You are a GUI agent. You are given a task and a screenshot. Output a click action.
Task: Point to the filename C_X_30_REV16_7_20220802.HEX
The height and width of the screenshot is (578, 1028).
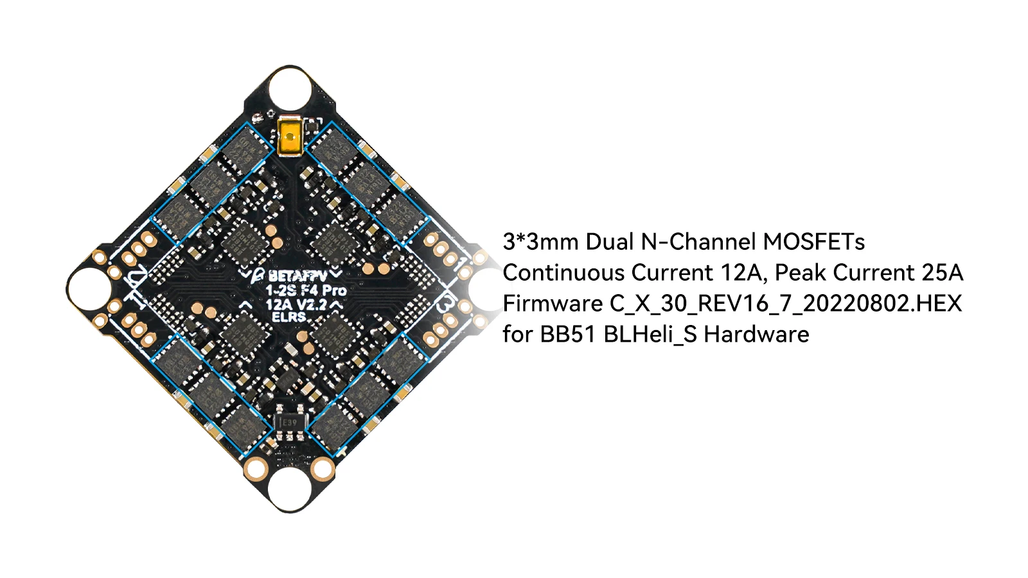[x=786, y=304]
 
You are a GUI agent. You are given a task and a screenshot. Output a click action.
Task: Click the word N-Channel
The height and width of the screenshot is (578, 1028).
[x=699, y=242]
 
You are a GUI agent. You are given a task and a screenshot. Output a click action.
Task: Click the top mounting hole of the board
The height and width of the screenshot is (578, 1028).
[x=290, y=87]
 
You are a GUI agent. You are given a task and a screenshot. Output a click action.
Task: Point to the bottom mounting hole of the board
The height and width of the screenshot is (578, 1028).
[x=290, y=491]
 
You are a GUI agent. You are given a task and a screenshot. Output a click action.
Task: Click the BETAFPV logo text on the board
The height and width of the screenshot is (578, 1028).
[x=297, y=276]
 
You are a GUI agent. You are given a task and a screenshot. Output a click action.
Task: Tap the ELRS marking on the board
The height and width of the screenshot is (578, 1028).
[x=288, y=317]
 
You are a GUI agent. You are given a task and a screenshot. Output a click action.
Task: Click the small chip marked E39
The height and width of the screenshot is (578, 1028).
[x=290, y=422]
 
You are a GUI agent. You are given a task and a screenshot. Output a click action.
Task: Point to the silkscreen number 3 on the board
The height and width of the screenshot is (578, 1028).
[x=443, y=304]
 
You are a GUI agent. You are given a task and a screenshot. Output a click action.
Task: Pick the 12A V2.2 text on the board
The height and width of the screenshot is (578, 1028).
[x=296, y=304]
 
